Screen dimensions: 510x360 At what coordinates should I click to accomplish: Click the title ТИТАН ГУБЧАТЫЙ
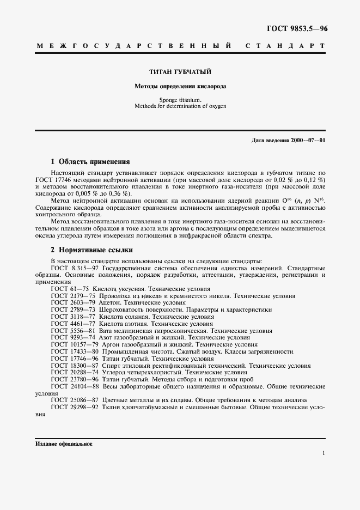pos(180,72)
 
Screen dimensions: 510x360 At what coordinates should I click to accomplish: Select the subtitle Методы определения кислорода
pos(180,86)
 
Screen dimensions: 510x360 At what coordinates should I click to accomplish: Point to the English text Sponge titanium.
pos(180,100)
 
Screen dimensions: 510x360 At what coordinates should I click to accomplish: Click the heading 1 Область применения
pos(90,162)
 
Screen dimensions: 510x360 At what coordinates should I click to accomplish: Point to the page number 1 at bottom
pos(324,453)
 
